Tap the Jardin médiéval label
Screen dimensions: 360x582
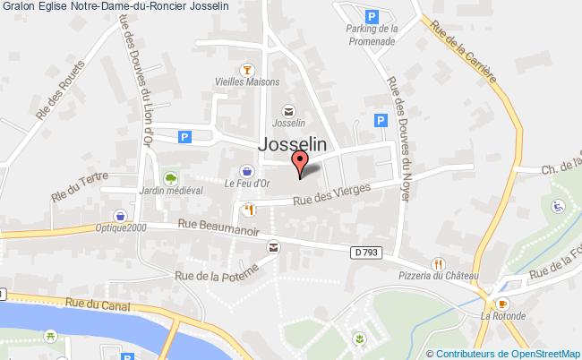pos(171,191)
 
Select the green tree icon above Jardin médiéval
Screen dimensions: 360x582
pos(170,176)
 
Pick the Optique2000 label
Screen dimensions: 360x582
pos(121,228)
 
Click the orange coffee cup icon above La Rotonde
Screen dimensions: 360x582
pos(502,304)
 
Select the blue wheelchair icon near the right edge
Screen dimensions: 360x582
pos(557,206)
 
